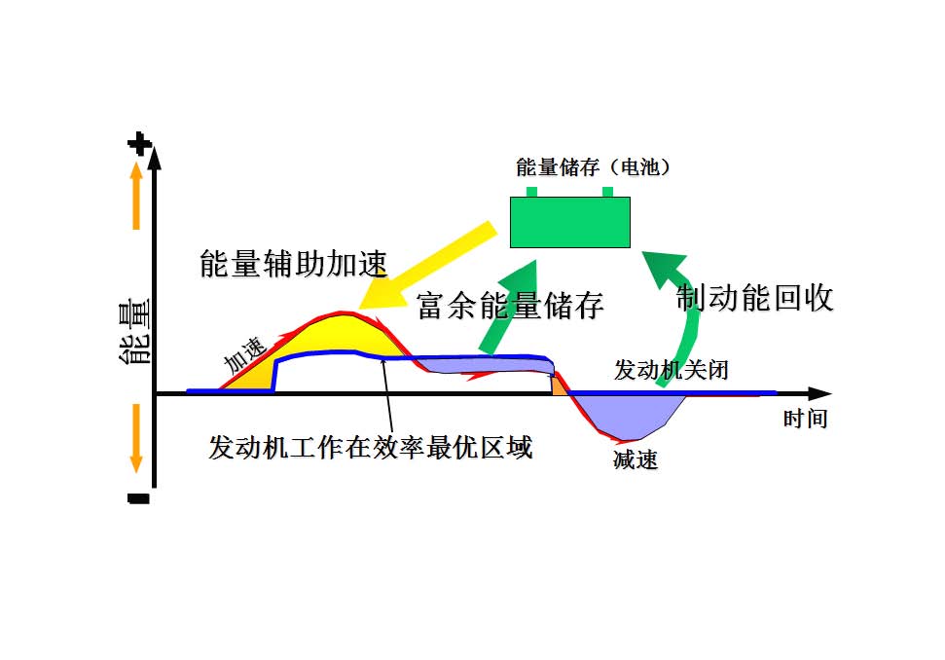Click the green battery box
click(x=570, y=221)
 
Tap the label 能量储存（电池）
click(x=593, y=168)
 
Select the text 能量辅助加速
click(x=293, y=264)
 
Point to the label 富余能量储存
click(x=510, y=305)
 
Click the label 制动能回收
click(x=755, y=298)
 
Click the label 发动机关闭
click(x=671, y=371)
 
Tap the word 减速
click(x=636, y=460)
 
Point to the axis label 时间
click(x=805, y=420)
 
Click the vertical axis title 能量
click(x=133, y=332)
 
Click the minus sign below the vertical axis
click(x=138, y=499)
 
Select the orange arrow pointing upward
click(x=135, y=195)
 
